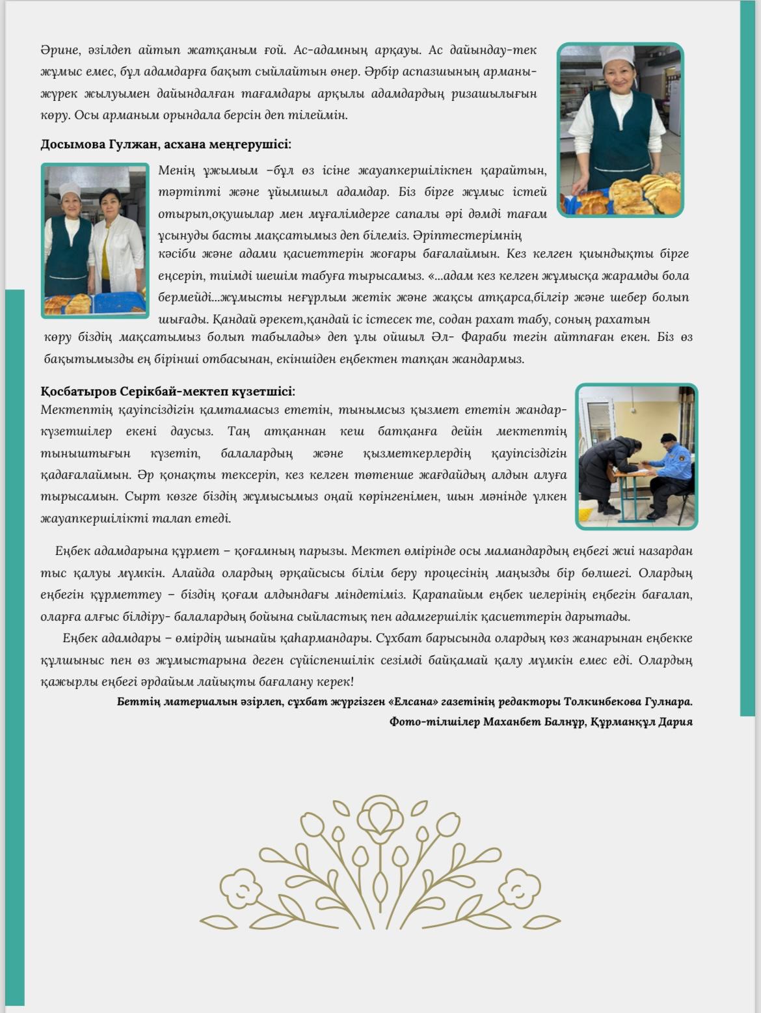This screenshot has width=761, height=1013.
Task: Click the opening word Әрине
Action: [x=58, y=50]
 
